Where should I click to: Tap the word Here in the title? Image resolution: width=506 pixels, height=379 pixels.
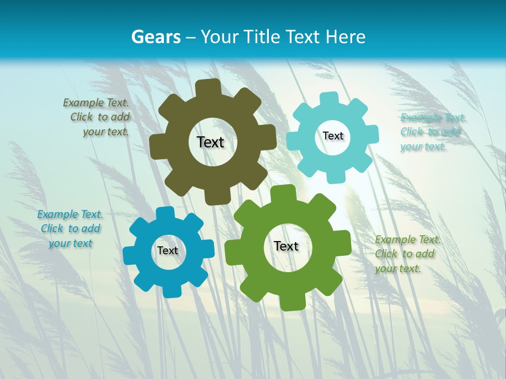point(346,37)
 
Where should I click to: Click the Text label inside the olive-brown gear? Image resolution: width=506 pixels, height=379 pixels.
point(210,142)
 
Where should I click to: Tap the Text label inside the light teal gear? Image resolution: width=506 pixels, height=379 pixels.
point(333,136)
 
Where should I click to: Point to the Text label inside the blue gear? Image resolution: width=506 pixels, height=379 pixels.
point(168,251)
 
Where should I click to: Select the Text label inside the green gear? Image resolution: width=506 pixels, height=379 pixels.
point(286,246)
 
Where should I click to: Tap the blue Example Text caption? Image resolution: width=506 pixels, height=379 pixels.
point(70,228)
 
